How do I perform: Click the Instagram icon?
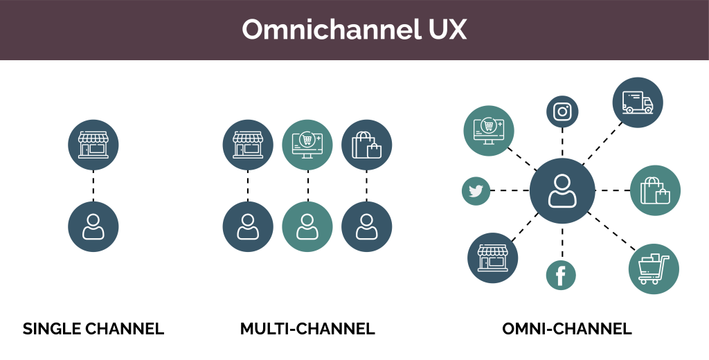tap(562, 111)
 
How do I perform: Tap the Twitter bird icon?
tap(476, 191)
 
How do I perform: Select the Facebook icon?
tap(561, 276)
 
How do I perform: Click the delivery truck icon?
tap(638, 102)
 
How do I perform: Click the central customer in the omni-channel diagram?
tap(562, 190)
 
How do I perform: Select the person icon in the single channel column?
tap(93, 227)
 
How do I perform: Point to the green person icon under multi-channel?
tap(307, 227)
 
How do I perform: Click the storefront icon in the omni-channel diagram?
tap(493, 258)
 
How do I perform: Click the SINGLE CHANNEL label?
tap(93, 329)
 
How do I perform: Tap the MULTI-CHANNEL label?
tap(307, 329)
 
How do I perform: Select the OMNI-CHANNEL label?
tap(566, 329)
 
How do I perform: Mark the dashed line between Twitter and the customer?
tap(510, 190)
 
